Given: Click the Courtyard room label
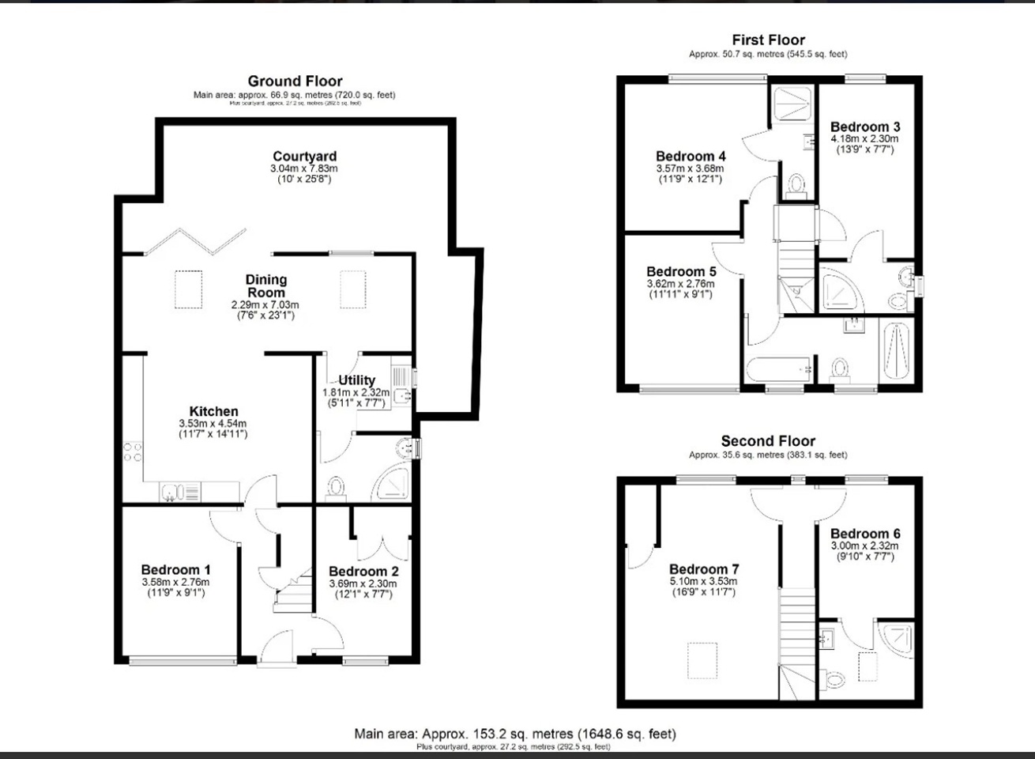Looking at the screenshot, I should (x=304, y=157).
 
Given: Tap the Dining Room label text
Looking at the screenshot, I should (x=265, y=285).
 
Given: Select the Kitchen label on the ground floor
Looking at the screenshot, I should (x=213, y=411).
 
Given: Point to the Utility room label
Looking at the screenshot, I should (x=356, y=380).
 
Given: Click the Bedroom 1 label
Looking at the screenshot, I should (x=175, y=569).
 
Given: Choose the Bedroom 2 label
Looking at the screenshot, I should (x=363, y=571).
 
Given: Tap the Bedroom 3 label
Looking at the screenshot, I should (x=864, y=126).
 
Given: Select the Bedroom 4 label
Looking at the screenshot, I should (x=691, y=156).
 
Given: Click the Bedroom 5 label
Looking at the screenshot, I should (x=681, y=271).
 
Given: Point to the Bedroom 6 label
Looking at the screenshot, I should (x=864, y=534).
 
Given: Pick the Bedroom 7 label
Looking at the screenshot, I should (x=703, y=569).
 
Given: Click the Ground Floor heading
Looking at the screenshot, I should (x=295, y=81).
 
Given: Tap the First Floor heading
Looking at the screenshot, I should (x=768, y=40).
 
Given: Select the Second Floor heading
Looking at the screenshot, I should (x=768, y=441).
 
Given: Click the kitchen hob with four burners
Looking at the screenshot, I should (x=133, y=452).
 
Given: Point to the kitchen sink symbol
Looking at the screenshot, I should (x=171, y=493).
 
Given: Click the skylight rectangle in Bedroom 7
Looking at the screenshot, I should (x=702, y=661).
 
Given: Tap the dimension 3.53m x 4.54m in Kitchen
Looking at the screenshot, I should (x=213, y=424).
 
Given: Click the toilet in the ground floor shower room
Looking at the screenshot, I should (x=336, y=487).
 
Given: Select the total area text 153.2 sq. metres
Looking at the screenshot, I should (x=514, y=734).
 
